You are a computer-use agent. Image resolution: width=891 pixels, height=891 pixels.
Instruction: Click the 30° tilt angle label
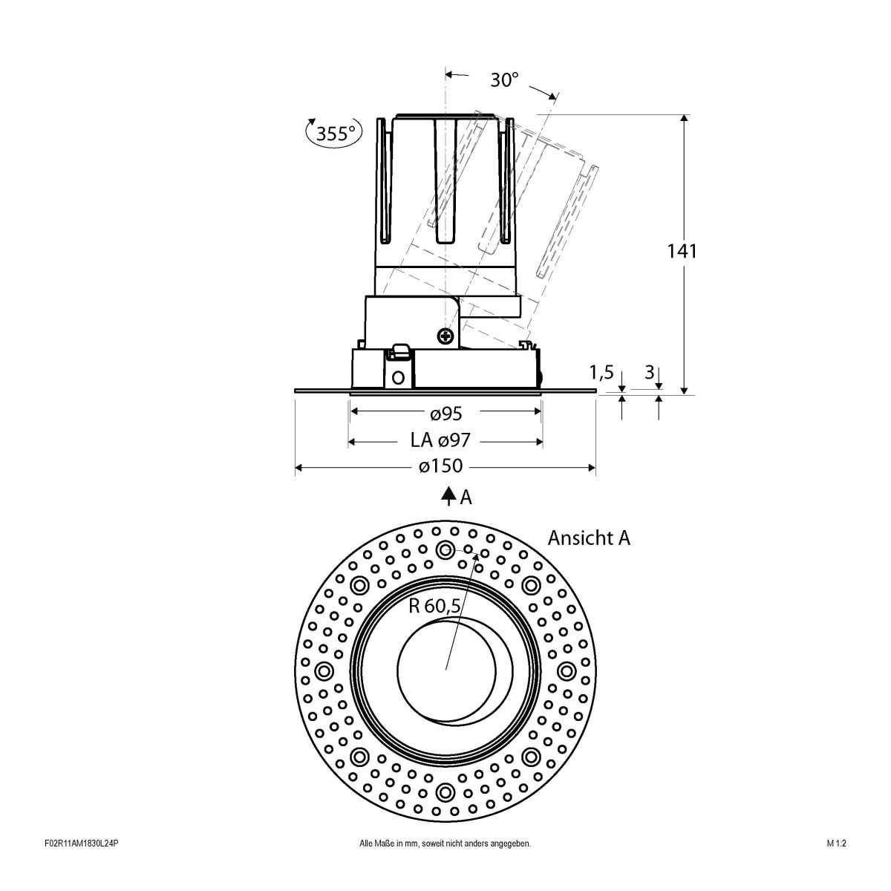[x=504, y=80]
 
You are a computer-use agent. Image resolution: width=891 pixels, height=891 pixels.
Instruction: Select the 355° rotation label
[x=335, y=134]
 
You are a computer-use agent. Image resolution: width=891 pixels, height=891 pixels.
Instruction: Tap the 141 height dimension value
[x=681, y=251]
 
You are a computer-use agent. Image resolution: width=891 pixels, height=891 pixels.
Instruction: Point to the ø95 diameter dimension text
[x=446, y=412]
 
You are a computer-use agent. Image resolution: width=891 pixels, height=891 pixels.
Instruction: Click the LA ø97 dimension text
[x=440, y=441]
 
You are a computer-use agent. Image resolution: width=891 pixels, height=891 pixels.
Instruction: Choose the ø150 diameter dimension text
[x=440, y=466]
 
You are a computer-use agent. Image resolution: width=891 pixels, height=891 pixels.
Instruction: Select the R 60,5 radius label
[x=435, y=606]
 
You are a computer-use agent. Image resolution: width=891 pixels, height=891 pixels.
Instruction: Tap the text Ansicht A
[x=589, y=538]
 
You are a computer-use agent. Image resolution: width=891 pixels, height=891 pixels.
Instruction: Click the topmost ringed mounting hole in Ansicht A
[x=446, y=549]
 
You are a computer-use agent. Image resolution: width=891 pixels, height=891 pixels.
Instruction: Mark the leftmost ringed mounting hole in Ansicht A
[x=324, y=671]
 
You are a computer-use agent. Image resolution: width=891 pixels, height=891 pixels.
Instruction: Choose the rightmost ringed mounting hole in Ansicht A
[x=567, y=671]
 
